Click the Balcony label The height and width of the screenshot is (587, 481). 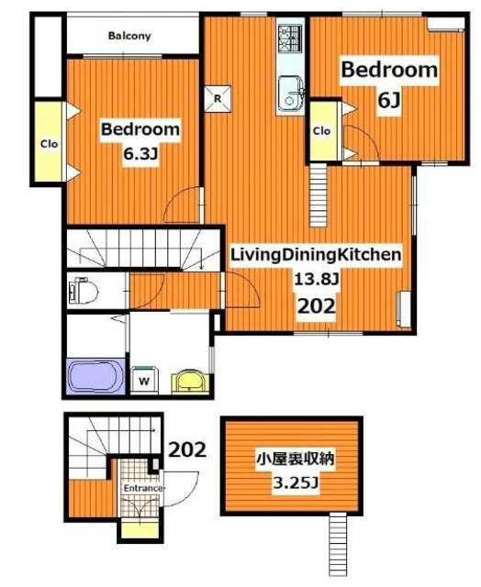[x=129, y=37]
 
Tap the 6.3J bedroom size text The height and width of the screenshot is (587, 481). [x=140, y=155]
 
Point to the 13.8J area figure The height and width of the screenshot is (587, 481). [x=315, y=279]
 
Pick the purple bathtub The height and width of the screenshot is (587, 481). [x=96, y=376]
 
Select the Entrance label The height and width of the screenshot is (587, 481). [x=143, y=488]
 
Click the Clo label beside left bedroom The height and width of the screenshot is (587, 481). [x=46, y=142]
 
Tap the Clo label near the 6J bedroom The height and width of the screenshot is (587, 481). [x=322, y=130]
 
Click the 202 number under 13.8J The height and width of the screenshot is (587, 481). [x=315, y=306]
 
